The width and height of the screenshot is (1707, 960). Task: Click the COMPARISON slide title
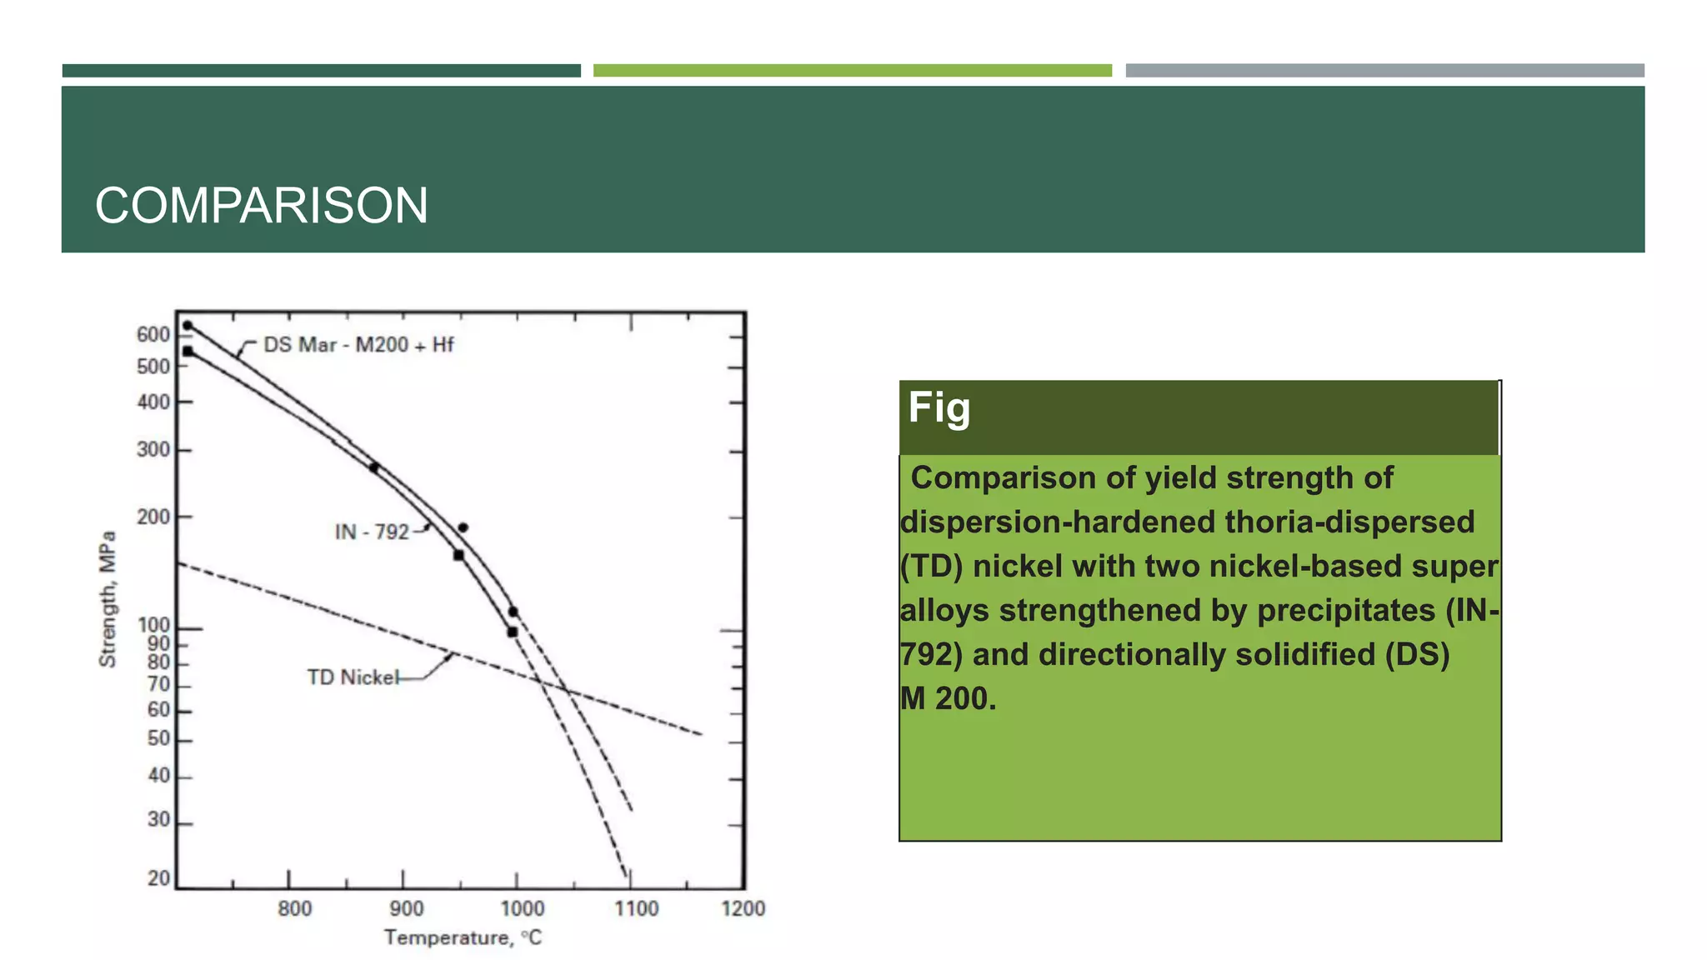[261, 206]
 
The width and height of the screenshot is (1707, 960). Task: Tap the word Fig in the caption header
[939, 408]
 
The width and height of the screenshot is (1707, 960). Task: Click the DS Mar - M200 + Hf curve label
[358, 345]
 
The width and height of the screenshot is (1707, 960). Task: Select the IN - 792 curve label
[372, 532]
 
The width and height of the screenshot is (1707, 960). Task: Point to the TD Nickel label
[353, 677]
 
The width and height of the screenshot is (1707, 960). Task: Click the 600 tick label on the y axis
[153, 335]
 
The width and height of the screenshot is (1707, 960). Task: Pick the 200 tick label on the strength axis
[153, 517]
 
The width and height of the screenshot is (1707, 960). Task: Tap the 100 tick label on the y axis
[153, 625]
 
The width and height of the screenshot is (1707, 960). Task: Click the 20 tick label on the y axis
[158, 878]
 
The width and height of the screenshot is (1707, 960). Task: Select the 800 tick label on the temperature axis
[294, 909]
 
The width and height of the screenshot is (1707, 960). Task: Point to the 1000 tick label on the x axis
[522, 909]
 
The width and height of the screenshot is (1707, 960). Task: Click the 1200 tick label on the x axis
[743, 909]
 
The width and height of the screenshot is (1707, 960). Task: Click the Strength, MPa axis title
[108, 599]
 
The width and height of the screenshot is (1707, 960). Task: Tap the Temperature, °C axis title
[463, 938]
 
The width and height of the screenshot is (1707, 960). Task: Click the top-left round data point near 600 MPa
[188, 326]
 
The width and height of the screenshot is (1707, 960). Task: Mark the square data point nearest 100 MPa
[513, 632]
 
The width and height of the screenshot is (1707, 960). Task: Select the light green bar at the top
[852, 71]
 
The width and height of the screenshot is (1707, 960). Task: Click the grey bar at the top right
[1384, 71]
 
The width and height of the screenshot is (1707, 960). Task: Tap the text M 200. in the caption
[948, 698]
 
